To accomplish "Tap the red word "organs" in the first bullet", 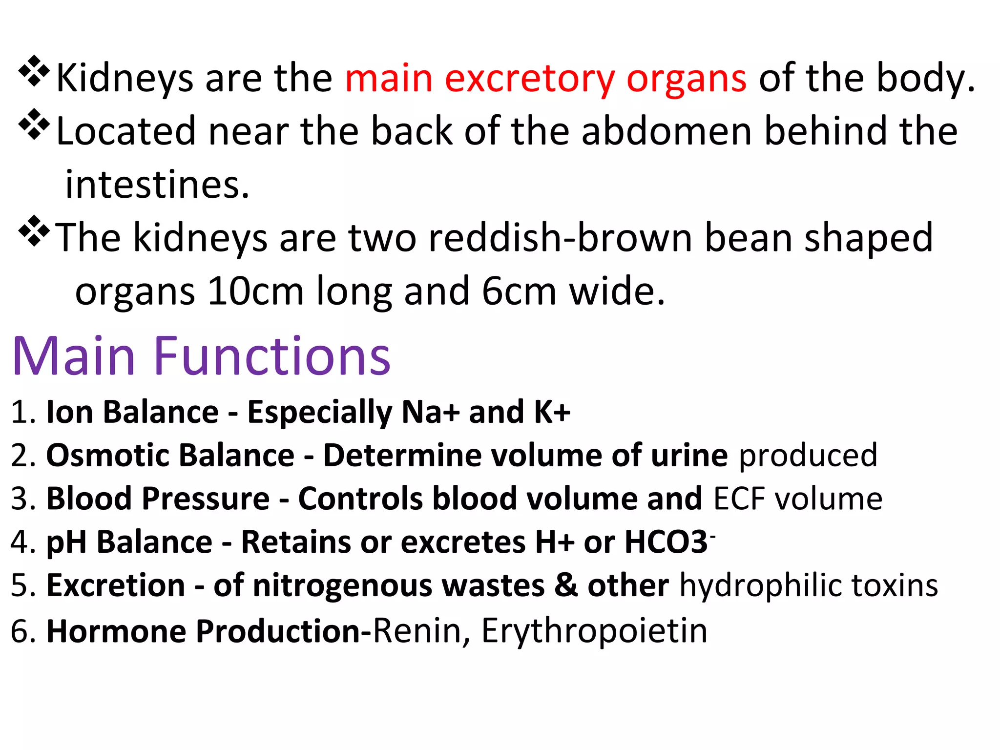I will click(x=686, y=80).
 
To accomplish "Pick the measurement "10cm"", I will click(x=255, y=291).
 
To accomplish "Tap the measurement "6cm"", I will click(x=519, y=291).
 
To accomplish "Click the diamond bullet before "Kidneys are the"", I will click(x=34, y=71).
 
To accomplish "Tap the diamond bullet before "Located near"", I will click(x=34, y=124).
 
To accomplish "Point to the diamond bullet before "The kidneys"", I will click(x=34, y=230).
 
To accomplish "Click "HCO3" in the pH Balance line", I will click(x=666, y=542).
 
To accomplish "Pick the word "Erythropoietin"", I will click(x=594, y=631).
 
